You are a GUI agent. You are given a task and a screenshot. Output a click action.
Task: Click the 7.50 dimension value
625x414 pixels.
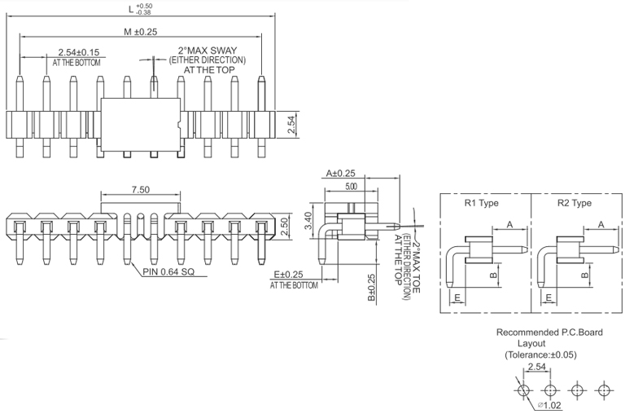[140, 189]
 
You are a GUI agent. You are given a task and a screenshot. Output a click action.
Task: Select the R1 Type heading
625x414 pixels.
[481, 203]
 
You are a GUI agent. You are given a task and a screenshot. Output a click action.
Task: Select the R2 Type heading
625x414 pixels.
[574, 203]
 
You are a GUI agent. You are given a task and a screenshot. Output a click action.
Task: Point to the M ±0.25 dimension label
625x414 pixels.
[141, 31]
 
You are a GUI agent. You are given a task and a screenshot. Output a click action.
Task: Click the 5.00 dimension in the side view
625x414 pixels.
[351, 187]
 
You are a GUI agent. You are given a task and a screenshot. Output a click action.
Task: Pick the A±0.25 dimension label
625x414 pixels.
[342, 173]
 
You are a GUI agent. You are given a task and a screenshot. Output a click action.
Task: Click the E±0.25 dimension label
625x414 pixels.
[293, 275]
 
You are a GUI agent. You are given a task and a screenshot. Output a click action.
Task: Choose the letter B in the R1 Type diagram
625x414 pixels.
[493, 275]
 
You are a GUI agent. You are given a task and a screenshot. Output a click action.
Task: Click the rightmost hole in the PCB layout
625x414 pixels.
[603, 390]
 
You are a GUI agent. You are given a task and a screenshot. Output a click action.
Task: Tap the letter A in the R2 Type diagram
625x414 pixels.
[601, 224]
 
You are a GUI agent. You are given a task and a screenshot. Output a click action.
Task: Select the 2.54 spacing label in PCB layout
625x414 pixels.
[537, 368]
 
